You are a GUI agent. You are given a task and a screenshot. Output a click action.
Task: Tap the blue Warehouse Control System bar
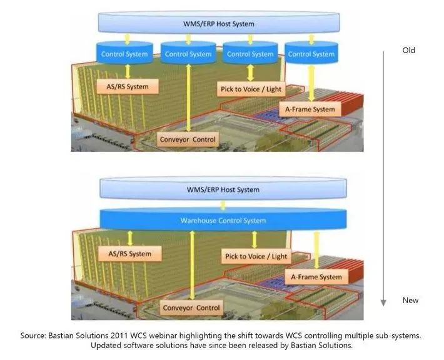click(x=223, y=220)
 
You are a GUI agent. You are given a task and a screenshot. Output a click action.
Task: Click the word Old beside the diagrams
click(x=408, y=51)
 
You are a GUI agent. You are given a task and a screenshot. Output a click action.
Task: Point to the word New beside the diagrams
click(x=410, y=301)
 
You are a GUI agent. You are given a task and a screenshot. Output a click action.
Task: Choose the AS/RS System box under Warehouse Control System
click(x=130, y=254)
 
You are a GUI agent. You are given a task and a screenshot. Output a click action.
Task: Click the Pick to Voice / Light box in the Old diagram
click(x=251, y=89)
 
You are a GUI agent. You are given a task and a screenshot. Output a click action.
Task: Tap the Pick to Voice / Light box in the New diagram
click(x=255, y=256)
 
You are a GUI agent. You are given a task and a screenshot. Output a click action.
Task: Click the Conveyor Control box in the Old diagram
click(x=188, y=139)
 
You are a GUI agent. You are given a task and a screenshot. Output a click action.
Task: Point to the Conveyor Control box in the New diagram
click(x=191, y=307)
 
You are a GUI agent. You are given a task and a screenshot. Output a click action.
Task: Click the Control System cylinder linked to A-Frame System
click(x=311, y=54)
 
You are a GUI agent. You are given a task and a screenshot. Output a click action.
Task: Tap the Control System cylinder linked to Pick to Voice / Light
click(x=250, y=54)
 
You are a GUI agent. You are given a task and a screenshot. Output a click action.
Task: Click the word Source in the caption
click(x=36, y=336)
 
